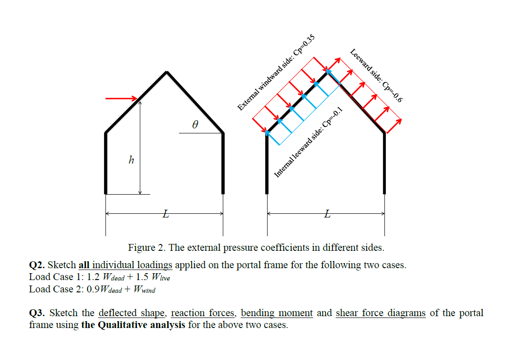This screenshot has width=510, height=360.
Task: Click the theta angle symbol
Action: pos(195,124)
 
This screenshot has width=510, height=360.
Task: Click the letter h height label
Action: pos(131,160)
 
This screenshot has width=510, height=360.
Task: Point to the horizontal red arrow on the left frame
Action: pos(121,98)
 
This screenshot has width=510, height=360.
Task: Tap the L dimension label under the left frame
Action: pos(166,214)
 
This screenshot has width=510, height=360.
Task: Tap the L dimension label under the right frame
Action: pos(327,214)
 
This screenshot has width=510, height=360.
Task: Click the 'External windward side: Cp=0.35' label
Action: pos(276,72)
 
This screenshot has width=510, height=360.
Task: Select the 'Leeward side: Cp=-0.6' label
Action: pos(376,75)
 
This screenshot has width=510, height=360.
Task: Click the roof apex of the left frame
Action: pos(167,72)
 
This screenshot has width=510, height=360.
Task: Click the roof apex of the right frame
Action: pos(327,72)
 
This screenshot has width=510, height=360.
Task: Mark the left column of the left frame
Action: pos(106,164)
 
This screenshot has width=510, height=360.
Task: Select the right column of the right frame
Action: pos(384,164)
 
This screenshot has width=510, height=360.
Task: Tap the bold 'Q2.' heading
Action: pos(37,265)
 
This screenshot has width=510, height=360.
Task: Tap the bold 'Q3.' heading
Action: pos(37,313)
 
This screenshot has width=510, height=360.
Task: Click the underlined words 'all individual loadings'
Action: pos(125,265)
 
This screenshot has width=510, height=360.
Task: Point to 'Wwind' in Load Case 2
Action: pos(144,289)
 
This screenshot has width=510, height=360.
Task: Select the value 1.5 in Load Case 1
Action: pos(142,277)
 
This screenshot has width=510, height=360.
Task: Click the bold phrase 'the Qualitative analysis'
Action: pos(133,325)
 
